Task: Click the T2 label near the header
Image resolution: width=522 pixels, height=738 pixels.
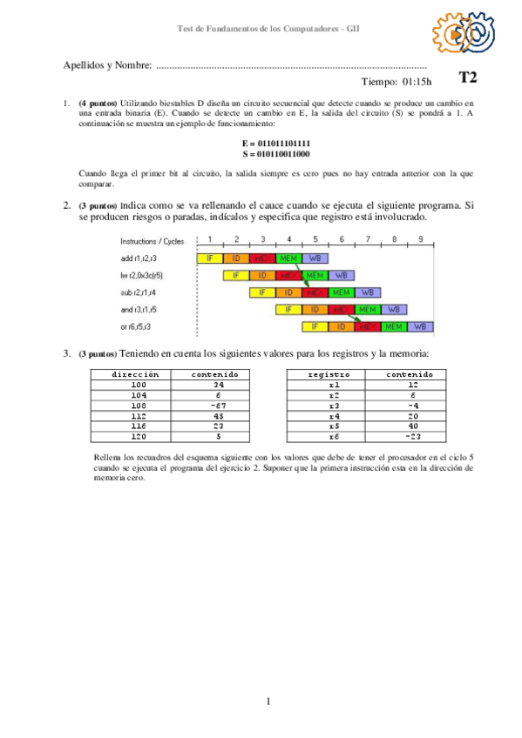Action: point(468,78)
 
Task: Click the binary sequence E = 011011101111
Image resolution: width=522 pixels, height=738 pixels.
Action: point(276,143)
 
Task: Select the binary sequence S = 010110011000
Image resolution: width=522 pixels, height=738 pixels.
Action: point(276,153)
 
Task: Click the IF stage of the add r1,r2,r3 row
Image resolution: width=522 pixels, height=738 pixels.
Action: point(210,258)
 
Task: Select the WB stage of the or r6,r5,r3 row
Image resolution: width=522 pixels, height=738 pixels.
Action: point(420,326)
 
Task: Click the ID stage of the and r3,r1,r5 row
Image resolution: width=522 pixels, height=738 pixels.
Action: point(315,309)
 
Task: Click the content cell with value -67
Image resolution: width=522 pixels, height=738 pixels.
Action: point(220,405)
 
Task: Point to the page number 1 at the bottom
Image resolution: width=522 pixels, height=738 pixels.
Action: point(269,701)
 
